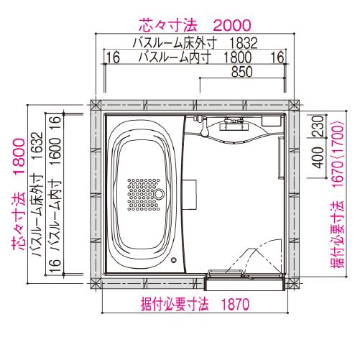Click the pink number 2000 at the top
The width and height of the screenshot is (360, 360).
coord(232,25)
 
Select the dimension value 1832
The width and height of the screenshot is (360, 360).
coord(244,43)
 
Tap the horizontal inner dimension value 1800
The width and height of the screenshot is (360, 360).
coord(238,57)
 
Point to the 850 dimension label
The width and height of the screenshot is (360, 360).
coord(241,72)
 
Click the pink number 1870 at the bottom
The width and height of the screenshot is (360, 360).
coord(235,305)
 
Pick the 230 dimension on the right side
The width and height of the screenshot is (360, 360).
coord(319,126)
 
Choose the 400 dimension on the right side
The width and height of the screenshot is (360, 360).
coord(318,157)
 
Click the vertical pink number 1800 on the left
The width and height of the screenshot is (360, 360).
coord(19,153)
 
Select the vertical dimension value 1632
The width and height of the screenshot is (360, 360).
coord(37,146)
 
